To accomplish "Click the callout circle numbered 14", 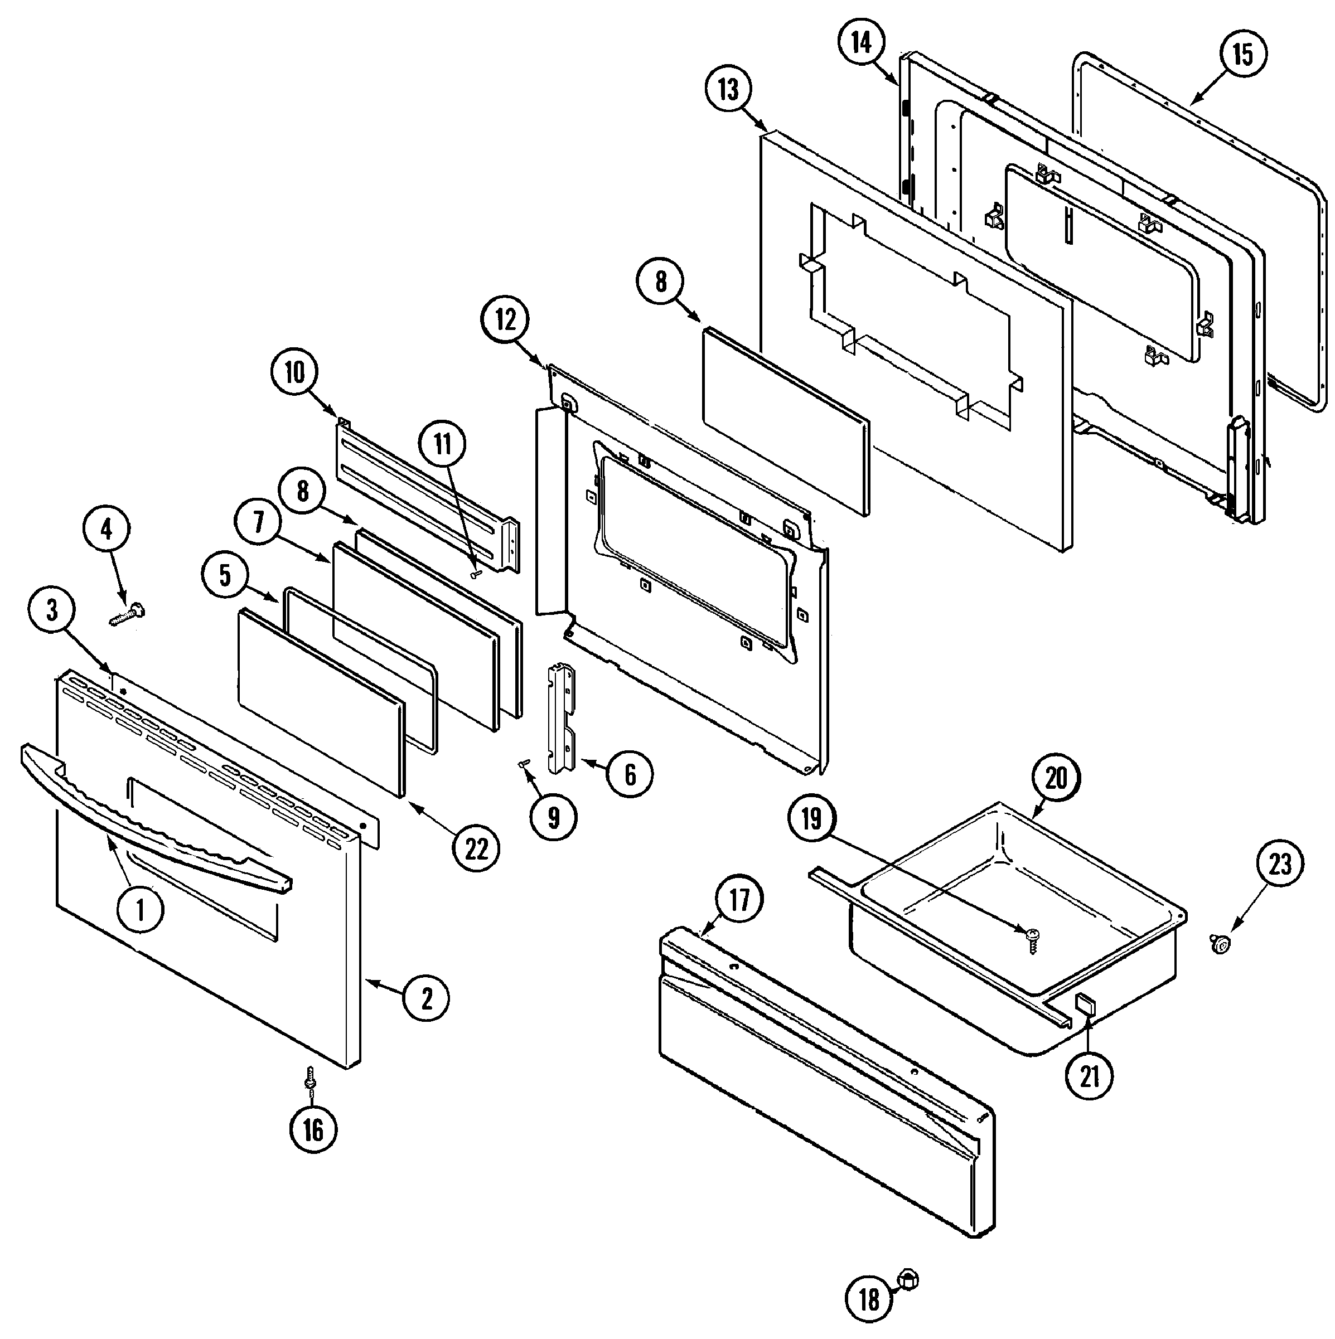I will pyautogui.click(x=861, y=42).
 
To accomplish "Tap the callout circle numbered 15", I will pyautogui.click(x=1243, y=54).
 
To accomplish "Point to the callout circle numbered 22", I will pyautogui.click(x=477, y=848).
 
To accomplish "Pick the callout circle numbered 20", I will pyautogui.click(x=1056, y=778).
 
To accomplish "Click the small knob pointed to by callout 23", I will pyautogui.click(x=1222, y=943).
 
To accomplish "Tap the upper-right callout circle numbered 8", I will pyautogui.click(x=661, y=282).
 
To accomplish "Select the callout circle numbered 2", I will pyautogui.click(x=426, y=998).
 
